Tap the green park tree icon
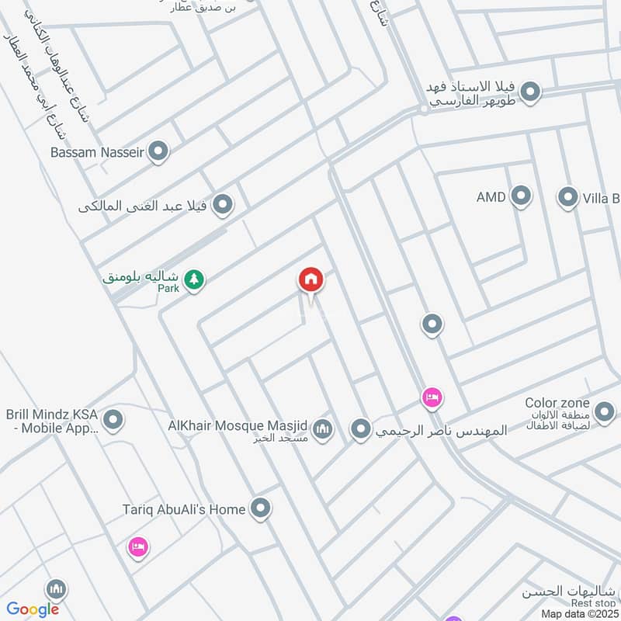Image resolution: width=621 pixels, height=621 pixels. click(x=194, y=279)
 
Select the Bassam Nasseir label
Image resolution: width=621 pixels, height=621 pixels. click(x=97, y=152)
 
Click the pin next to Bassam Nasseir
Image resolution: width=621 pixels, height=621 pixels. click(x=158, y=151)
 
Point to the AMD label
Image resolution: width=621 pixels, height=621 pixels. click(x=491, y=197)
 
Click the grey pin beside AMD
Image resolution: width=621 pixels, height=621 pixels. click(x=521, y=196)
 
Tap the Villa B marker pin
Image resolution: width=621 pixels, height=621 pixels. click(x=568, y=196)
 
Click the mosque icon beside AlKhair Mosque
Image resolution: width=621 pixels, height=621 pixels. click(x=322, y=428)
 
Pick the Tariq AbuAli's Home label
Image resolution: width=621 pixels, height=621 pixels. click(x=184, y=509)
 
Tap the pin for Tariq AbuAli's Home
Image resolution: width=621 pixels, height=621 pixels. click(x=262, y=508)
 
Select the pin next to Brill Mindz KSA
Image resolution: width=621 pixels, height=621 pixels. click(x=113, y=420)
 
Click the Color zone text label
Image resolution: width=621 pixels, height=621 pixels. click(x=557, y=403)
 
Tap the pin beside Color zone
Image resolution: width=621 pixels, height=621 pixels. click(x=605, y=411)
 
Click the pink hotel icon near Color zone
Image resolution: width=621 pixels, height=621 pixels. click(x=432, y=398)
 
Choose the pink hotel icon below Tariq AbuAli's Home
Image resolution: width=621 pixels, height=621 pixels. click(x=138, y=547)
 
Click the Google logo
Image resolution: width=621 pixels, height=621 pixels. click(x=33, y=609)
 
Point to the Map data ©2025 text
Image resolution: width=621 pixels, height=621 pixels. click(x=579, y=613)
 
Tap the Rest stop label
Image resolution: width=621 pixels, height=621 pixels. click(x=593, y=603)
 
